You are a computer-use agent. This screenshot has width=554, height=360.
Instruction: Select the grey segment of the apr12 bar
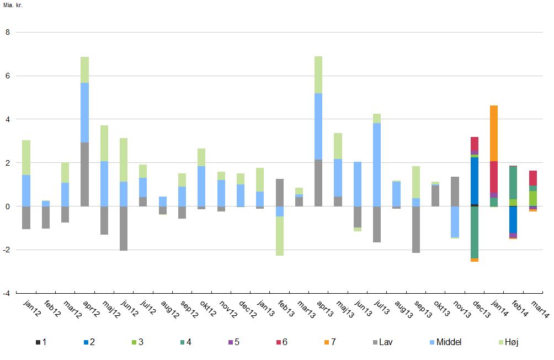click(x=84, y=174)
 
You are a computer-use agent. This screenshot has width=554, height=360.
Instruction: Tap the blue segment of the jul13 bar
click(x=377, y=165)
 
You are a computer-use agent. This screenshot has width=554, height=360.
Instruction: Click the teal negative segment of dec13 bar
click(x=475, y=232)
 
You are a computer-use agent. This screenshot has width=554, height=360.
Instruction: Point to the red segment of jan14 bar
click(x=494, y=177)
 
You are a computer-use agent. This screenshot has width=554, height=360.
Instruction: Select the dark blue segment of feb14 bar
click(x=513, y=219)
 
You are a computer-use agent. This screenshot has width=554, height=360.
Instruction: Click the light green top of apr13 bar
click(x=318, y=75)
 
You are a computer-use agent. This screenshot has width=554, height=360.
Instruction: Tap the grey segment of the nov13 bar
click(x=455, y=191)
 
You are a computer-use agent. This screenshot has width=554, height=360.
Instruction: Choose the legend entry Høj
click(x=506, y=342)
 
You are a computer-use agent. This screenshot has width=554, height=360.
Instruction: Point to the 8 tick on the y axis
click(x=8, y=33)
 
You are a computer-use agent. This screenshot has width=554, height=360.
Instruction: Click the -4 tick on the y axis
click(x=6, y=293)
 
